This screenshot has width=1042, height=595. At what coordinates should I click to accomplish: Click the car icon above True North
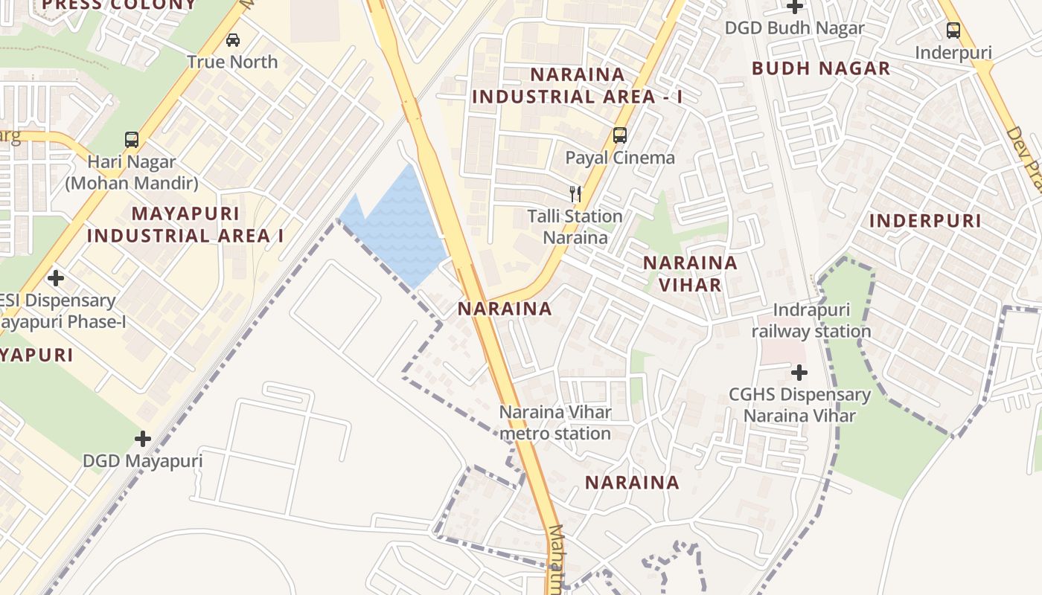(x=233, y=40)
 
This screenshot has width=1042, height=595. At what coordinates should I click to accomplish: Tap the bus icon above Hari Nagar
(x=132, y=139)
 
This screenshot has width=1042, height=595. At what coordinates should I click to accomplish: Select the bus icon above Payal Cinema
(x=619, y=135)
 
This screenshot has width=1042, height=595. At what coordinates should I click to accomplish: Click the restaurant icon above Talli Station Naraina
(x=575, y=194)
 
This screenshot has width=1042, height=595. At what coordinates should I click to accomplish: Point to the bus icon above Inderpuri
(x=953, y=30)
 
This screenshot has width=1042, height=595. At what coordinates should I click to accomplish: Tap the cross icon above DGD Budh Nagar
(x=795, y=7)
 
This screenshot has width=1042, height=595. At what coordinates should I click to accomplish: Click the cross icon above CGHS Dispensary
(x=799, y=372)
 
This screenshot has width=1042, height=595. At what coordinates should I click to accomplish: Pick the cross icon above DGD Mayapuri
(x=143, y=439)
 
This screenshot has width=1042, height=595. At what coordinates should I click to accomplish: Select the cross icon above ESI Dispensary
(x=55, y=279)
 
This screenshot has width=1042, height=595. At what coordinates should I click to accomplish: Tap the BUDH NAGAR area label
(x=821, y=68)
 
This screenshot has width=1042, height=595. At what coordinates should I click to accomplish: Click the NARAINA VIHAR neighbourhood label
(x=690, y=274)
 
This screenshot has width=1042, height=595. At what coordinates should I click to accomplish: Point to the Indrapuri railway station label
(x=811, y=321)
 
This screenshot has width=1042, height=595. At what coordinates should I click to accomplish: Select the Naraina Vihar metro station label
(x=555, y=422)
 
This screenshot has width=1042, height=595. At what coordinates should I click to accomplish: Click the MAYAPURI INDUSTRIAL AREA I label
(x=185, y=225)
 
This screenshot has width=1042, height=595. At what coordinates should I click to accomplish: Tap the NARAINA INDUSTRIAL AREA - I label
(x=577, y=86)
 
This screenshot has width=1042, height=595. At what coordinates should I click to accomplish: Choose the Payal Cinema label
(x=620, y=158)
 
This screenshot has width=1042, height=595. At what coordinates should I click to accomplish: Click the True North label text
(x=232, y=62)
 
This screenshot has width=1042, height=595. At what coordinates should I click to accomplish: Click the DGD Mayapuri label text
(x=142, y=461)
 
